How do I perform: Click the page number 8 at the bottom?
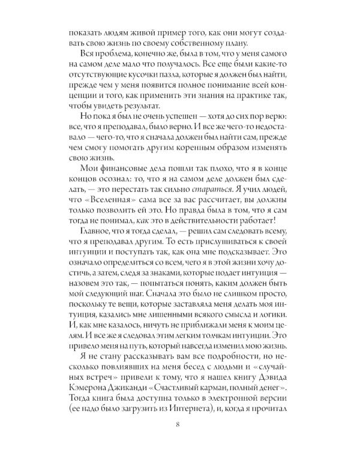pyautogui.click(x=180, y=427)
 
